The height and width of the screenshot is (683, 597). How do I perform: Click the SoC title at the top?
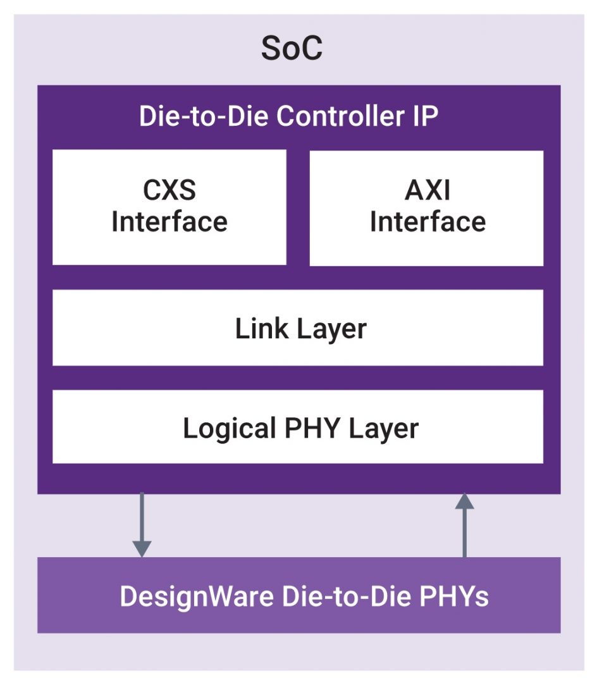click(292, 49)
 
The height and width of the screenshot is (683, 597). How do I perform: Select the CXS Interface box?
click(169, 207)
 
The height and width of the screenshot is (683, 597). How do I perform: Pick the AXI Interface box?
click(426, 207)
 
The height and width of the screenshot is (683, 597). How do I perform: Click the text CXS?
click(169, 191)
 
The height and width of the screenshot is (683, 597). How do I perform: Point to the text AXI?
click(428, 191)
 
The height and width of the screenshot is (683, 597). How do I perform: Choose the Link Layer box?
click(297, 328)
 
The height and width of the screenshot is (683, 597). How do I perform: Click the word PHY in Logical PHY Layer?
click(303, 428)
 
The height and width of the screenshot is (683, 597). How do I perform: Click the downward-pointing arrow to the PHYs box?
click(142, 522)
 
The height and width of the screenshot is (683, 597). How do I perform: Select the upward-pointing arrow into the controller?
click(465, 528)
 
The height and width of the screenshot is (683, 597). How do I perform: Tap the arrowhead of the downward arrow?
click(142, 548)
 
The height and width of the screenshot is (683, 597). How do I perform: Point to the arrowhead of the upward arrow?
click(465, 501)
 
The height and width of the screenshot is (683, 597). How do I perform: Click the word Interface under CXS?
click(169, 222)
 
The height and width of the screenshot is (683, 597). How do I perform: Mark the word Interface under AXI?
click(428, 222)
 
